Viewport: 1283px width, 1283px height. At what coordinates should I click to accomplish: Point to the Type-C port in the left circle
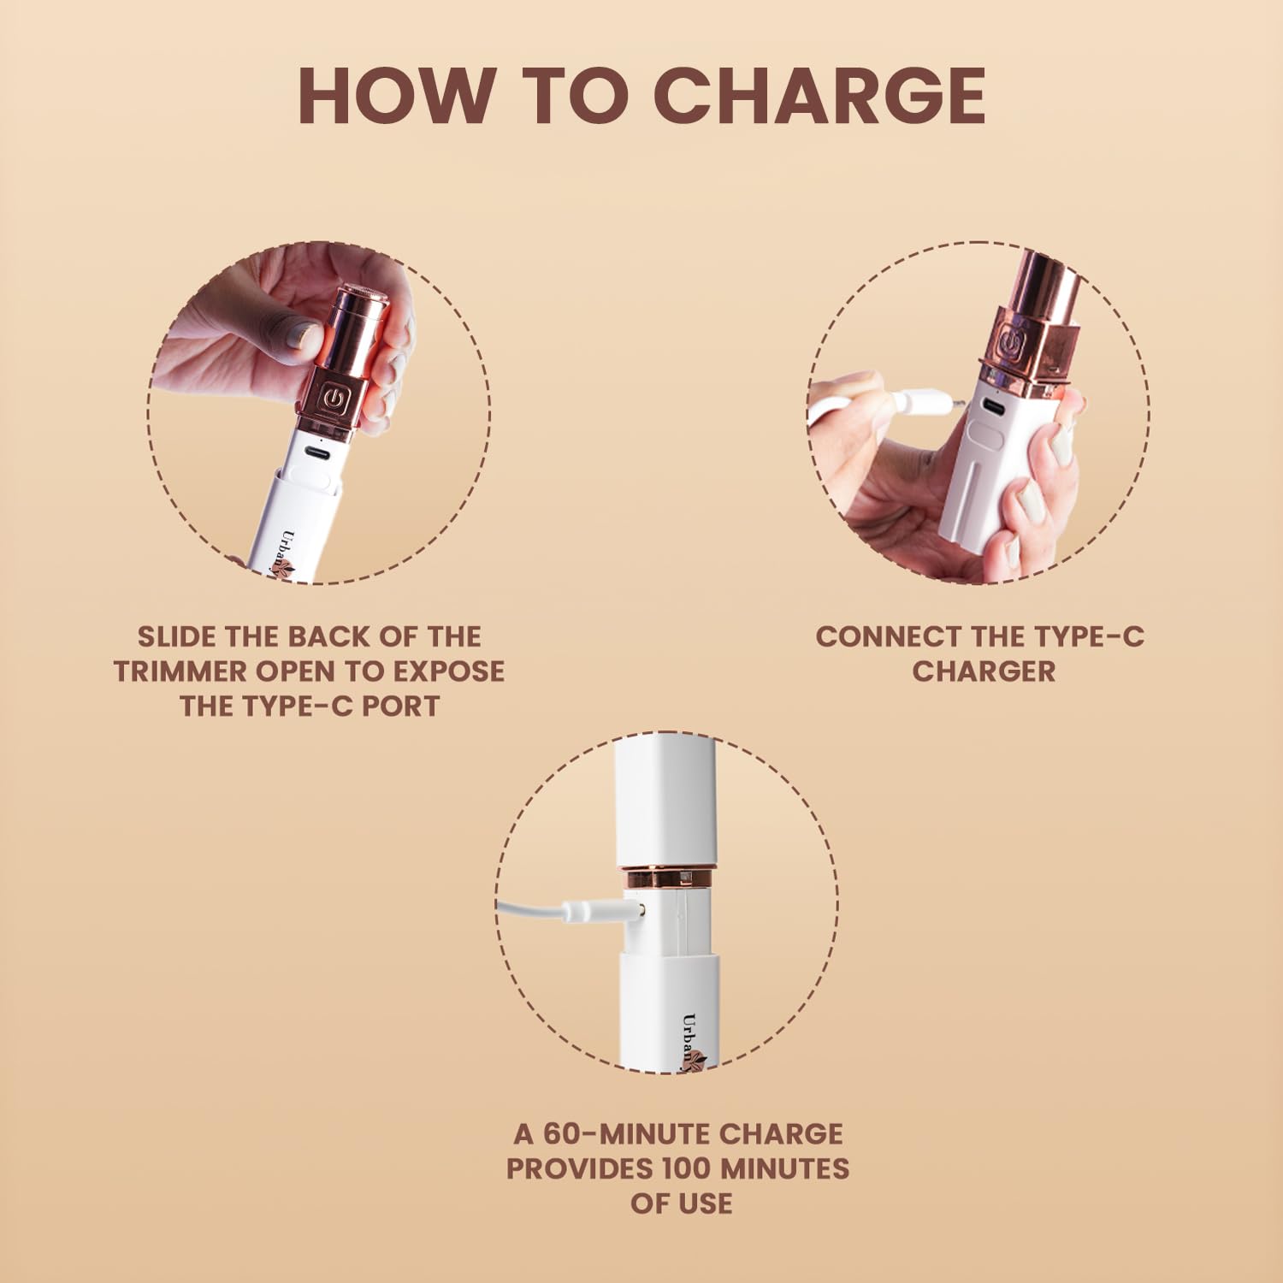[x=318, y=452]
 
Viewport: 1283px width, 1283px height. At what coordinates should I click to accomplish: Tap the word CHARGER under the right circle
[x=983, y=671]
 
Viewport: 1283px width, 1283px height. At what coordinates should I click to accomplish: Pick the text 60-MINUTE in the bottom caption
[x=627, y=1134]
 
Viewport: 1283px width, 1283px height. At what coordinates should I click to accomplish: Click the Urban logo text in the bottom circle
[x=689, y=1037]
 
